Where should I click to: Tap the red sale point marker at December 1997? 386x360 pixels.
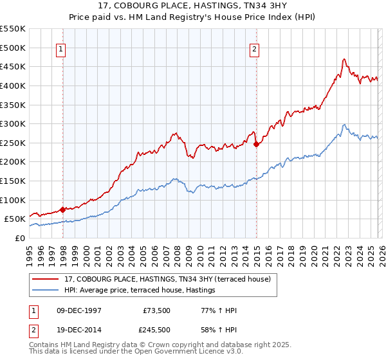(62, 210)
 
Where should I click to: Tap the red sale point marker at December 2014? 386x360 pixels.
(257, 144)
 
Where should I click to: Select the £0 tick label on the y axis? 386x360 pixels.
(19, 238)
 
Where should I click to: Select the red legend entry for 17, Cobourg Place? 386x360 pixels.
(171, 279)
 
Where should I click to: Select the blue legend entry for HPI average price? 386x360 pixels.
(139, 291)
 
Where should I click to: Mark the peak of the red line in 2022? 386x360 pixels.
(344, 59)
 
